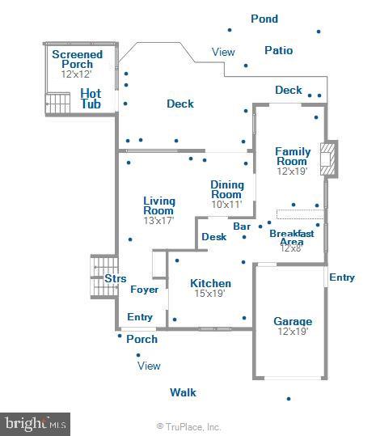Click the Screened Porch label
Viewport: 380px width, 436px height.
tap(77, 59)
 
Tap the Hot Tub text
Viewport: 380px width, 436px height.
tap(91, 99)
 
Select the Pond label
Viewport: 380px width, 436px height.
tap(264, 19)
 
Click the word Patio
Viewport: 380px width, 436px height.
tap(279, 50)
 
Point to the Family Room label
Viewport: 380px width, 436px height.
tap(292, 156)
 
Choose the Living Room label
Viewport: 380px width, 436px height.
tap(159, 205)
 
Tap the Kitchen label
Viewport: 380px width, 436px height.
tap(210, 283)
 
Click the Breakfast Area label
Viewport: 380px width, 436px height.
tap(291, 237)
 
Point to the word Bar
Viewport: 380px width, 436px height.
tap(242, 226)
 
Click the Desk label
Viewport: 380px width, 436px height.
tap(213, 237)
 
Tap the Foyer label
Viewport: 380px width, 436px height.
tap(145, 289)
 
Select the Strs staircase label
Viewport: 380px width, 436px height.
tap(115, 278)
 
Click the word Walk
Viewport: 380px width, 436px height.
tap(183, 392)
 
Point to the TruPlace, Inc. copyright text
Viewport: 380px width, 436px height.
tap(188, 426)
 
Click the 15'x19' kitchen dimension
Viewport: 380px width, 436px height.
tap(210, 294)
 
